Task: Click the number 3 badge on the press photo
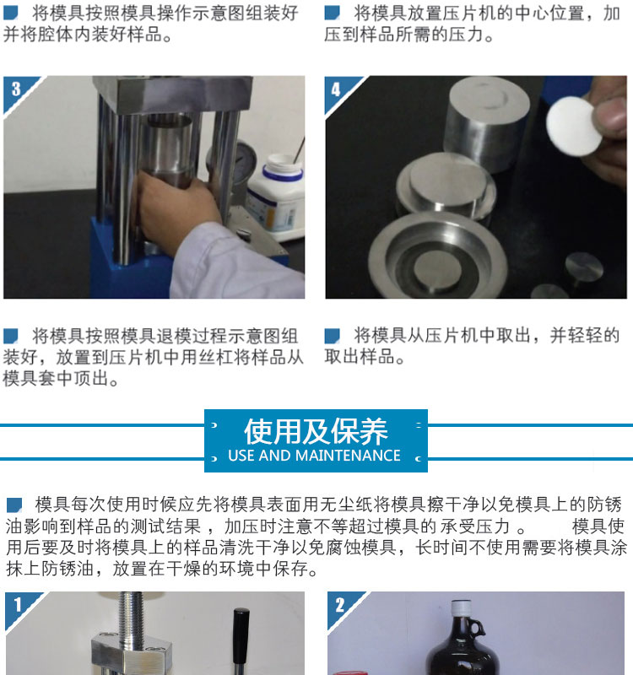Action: (16, 89)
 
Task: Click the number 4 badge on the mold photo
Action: (335, 89)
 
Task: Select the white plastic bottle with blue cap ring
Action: (276, 196)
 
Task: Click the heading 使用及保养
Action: (316, 431)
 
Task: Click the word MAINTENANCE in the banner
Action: (349, 456)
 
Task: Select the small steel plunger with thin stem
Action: (583, 271)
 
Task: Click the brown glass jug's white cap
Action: (460, 606)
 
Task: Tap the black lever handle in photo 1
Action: (241, 641)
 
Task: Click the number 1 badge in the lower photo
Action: (18, 605)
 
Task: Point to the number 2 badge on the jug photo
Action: (340, 605)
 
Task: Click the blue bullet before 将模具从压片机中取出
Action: (332, 336)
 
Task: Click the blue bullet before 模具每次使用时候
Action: (14, 505)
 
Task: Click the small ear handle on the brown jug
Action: (478, 628)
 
